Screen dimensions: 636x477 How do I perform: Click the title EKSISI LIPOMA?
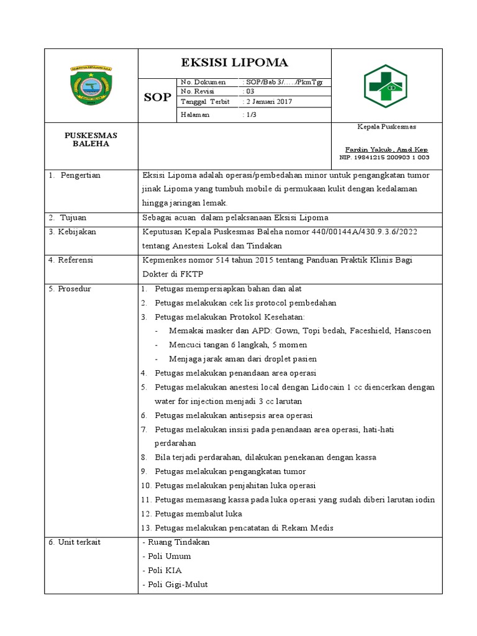click(234, 63)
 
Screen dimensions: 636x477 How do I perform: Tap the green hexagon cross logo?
click(385, 86)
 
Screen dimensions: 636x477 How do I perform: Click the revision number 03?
click(250, 92)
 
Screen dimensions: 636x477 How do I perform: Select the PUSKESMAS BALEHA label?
click(91, 139)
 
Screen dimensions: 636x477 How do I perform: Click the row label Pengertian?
click(80, 176)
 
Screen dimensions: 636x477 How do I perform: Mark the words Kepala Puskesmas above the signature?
click(386, 127)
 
